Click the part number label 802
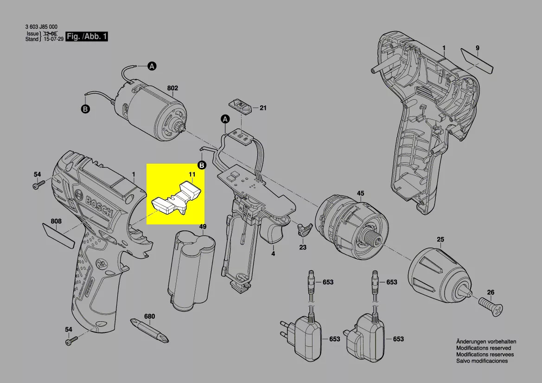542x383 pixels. click(172, 88)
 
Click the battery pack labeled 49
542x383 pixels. click(191, 272)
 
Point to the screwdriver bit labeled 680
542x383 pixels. click(149, 330)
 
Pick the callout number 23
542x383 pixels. click(303, 248)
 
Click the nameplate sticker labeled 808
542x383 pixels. click(58, 236)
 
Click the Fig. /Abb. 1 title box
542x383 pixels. click(87, 36)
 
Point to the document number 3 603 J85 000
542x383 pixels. click(41, 26)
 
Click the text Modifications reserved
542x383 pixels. click(484, 348)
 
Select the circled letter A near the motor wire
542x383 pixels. click(152, 66)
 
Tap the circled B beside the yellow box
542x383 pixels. click(202, 165)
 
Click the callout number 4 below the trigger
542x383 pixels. click(273, 254)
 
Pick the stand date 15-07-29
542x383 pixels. click(54, 39)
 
